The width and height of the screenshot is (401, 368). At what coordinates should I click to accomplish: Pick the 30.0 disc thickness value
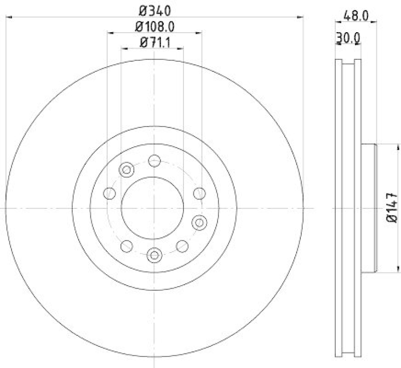click(x=348, y=37)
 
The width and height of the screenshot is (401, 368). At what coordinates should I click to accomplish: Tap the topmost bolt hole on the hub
click(x=154, y=161)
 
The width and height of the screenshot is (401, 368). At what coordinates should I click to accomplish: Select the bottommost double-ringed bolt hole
click(x=154, y=255)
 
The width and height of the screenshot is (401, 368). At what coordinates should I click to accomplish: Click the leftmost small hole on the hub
click(x=108, y=193)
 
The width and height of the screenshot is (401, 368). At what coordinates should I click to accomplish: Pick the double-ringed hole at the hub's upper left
click(x=126, y=170)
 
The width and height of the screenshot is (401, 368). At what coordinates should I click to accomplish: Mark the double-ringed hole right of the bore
click(x=199, y=221)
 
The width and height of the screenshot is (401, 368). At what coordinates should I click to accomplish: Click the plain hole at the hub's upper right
click(x=199, y=193)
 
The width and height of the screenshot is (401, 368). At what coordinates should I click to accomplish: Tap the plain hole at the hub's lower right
click(x=182, y=246)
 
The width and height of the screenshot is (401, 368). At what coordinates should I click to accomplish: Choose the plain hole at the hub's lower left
click(x=126, y=246)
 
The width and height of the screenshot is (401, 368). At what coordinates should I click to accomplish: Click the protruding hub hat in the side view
click(x=369, y=208)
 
